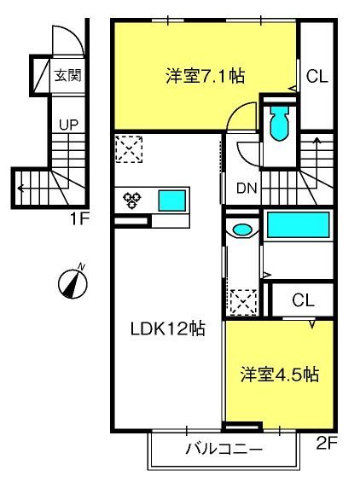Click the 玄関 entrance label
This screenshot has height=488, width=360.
point(68,75)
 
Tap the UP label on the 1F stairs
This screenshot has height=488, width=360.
point(68,125)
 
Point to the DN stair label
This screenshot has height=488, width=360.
point(247,188)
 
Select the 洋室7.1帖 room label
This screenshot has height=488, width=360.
point(205,76)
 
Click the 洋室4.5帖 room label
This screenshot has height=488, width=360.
point(280,375)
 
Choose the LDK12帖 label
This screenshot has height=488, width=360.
point(168,328)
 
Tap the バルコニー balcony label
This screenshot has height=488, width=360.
point(224,449)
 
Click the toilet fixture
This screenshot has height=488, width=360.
point(279,124)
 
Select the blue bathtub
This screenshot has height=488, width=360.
point(298,224)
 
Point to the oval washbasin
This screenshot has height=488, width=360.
point(242,230)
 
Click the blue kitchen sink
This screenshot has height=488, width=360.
point(172,200)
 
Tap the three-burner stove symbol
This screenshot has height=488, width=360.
point(132,200)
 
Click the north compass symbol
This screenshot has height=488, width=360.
point(73,282)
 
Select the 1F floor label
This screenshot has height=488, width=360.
point(80,219)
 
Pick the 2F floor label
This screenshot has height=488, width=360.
point(327,443)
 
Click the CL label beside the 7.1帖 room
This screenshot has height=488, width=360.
point(317,76)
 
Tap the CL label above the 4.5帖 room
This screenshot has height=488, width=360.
point(303,300)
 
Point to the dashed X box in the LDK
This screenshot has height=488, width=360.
point(129,148)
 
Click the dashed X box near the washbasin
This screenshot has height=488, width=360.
point(243,303)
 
